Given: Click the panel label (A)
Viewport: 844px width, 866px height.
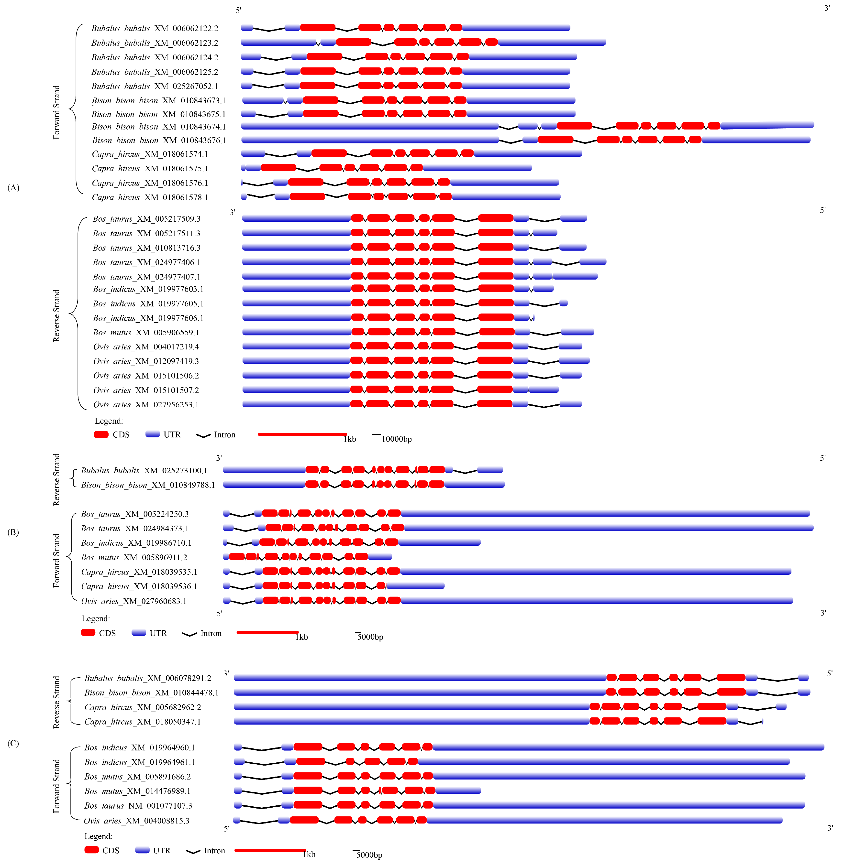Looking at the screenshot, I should pyautogui.click(x=13, y=188).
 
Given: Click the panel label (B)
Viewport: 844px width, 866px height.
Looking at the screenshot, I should pyautogui.click(x=13, y=532).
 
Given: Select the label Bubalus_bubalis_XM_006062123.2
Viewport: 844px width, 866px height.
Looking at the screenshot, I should pyautogui.click(x=155, y=43).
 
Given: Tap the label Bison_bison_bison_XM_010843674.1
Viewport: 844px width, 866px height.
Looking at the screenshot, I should pyautogui.click(x=159, y=127).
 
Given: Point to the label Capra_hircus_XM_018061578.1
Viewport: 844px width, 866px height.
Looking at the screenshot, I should pyautogui.click(x=150, y=197).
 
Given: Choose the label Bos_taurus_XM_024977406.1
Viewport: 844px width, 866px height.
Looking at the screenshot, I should pyautogui.click(x=147, y=262).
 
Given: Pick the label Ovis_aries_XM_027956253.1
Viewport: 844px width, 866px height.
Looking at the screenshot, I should pyautogui.click(x=146, y=404).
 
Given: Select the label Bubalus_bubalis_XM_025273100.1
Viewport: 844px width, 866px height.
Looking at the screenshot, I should pyautogui.click(x=144, y=470).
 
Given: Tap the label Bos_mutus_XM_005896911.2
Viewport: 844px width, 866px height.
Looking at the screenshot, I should pyautogui.click(x=134, y=557).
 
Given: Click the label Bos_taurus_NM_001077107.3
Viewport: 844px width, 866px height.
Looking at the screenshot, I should pyautogui.click(x=138, y=805).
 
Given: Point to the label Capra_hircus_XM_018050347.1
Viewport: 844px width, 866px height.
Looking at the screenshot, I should pyautogui.click(x=143, y=722).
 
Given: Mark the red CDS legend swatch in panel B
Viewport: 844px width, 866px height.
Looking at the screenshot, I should pyautogui.click(x=88, y=633).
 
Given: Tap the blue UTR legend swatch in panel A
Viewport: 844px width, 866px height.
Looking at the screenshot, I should pyautogui.click(x=153, y=434).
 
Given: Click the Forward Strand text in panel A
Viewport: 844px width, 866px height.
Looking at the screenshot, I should pyautogui.click(x=56, y=112).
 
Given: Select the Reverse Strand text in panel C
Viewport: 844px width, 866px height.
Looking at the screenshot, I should pyautogui.click(x=56, y=702).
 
